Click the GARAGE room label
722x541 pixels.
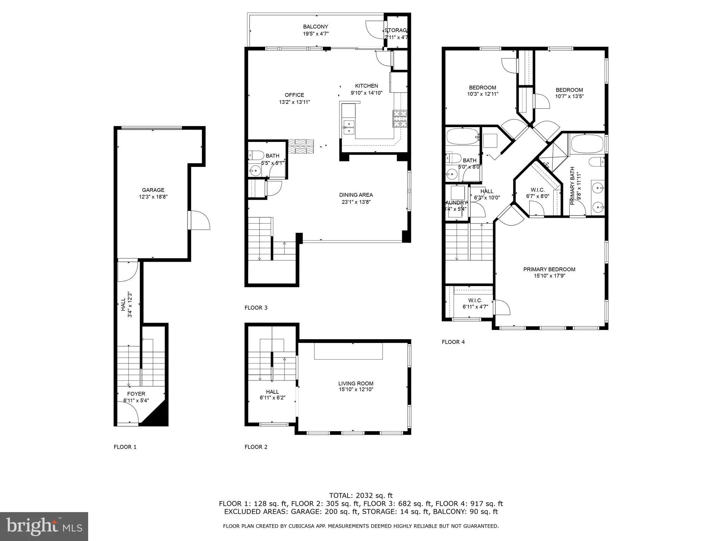tap(153, 190)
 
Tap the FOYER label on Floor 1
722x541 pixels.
tap(136, 394)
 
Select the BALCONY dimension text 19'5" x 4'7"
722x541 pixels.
tap(316, 34)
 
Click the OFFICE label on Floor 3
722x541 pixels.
tap(294, 95)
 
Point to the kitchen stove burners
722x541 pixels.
tap(399, 118)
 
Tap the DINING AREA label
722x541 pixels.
tap(356, 195)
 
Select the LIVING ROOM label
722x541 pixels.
tap(356, 384)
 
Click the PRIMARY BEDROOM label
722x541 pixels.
tap(549, 269)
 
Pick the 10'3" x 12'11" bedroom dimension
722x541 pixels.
tap(482, 94)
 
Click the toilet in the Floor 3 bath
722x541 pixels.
tap(256, 155)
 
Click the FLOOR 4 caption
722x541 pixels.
tap(453, 342)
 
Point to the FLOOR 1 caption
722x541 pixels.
tap(125, 447)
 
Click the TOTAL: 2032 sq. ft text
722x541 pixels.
tap(361, 496)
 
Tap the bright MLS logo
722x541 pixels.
tap(44, 526)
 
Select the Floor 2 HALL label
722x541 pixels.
tap(272, 392)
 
